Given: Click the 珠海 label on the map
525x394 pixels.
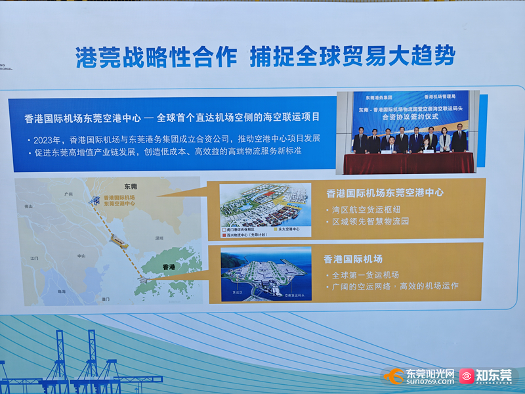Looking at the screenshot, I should [x=61, y=291].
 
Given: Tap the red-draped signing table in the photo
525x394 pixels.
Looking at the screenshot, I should [x=408, y=162].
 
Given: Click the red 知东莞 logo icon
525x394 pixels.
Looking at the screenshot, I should [x=467, y=376].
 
